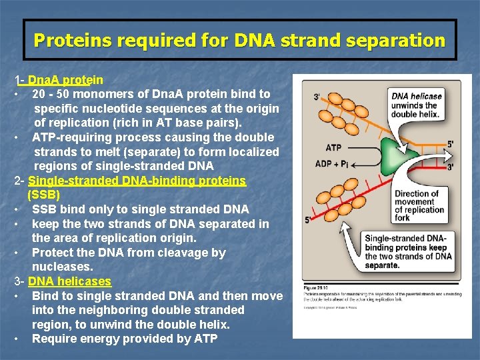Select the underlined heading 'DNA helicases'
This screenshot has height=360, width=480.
click(70, 281)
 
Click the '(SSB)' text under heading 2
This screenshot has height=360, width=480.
click(44, 195)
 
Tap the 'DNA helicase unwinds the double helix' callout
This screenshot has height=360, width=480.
click(417, 105)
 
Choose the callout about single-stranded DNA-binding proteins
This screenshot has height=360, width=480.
click(408, 251)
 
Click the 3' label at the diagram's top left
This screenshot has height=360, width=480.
click(316, 97)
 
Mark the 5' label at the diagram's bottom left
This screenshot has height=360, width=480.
click(308, 219)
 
